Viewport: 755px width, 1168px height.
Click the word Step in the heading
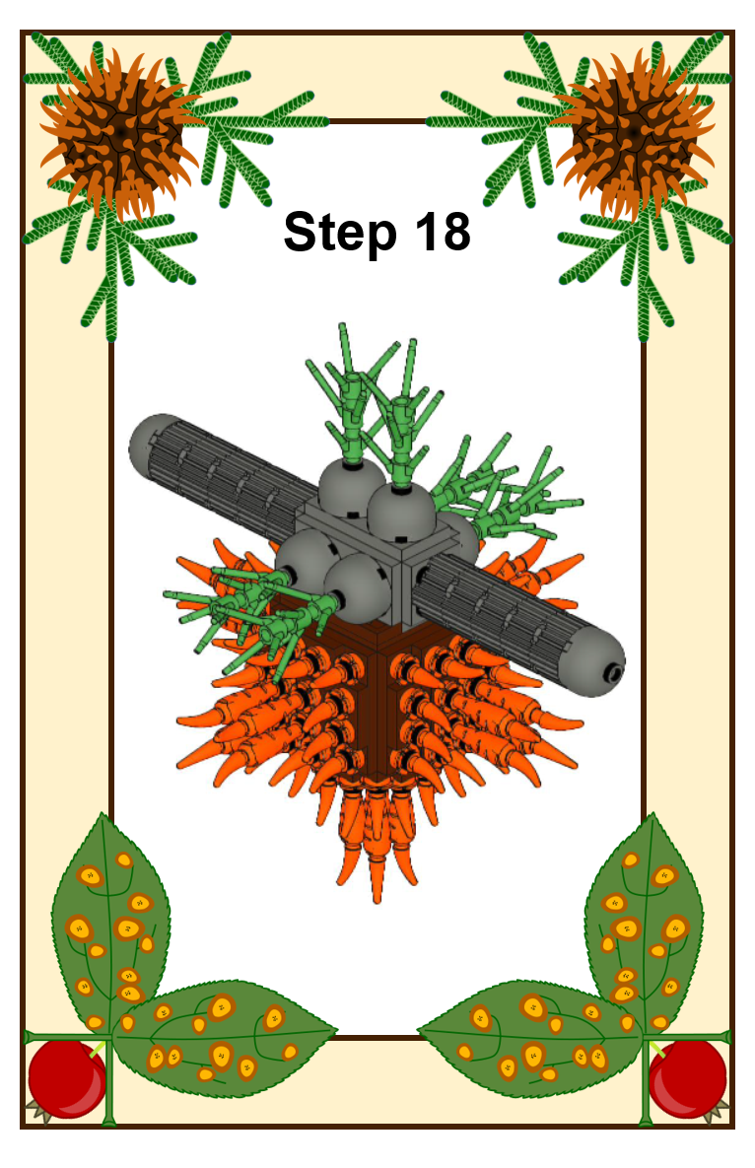point(339,234)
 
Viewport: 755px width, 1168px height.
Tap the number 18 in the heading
point(443,231)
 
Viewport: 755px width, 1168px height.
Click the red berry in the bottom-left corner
point(67,1078)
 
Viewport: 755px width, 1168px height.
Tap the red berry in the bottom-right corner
point(687,1078)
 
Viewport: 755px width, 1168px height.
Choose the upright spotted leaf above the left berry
point(111,924)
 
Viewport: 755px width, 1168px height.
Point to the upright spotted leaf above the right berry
point(645,924)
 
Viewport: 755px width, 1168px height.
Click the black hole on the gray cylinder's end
point(615,672)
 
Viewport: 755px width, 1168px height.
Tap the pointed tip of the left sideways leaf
point(337,1031)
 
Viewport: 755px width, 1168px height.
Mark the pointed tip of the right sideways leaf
point(418,1031)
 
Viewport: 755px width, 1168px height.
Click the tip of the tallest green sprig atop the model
point(342,325)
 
